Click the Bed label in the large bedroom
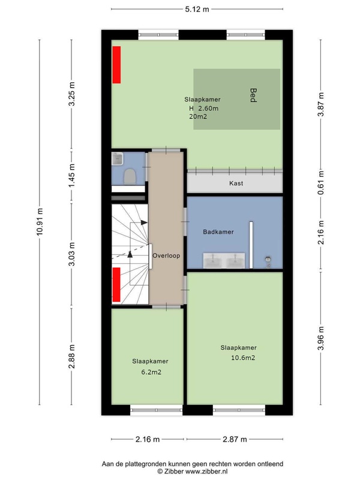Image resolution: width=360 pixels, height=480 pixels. pyautogui.click(x=253, y=95)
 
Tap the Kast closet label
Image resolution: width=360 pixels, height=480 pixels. pyautogui.click(x=236, y=184)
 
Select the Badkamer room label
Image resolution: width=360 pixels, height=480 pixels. pyautogui.click(x=218, y=232)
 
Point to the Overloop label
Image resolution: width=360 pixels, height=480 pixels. pyautogui.click(x=166, y=256)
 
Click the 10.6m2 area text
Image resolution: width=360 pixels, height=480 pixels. pyautogui.click(x=243, y=358)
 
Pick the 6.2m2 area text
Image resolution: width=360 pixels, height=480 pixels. pyautogui.click(x=151, y=372)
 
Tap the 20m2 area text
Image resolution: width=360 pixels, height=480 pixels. pyautogui.click(x=198, y=116)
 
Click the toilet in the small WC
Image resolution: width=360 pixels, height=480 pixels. pyautogui.click(x=130, y=176)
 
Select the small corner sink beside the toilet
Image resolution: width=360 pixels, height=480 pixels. pyautogui.click(x=117, y=158)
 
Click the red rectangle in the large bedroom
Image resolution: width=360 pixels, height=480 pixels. pyautogui.click(x=116, y=65)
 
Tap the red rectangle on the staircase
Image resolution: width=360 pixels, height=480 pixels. pyautogui.click(x=116, y=284)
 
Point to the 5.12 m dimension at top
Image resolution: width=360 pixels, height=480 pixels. pyautogui.click(x=197, y=9)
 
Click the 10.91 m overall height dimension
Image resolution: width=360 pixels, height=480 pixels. pyautogui.click(x=40, y=222)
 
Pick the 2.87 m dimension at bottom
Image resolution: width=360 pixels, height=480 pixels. pyautogui.click(x=235, y=439)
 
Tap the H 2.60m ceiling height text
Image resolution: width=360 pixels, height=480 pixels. pyautogui.click(x=203, y=108)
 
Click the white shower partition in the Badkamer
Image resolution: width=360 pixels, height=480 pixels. pyautogui.click(x=251, y=245)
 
